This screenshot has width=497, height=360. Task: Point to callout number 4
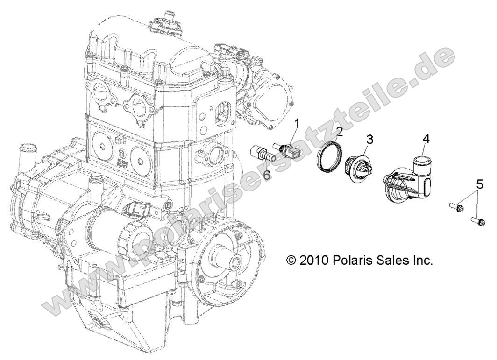coord(426,138)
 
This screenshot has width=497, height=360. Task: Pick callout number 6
coord(267,175)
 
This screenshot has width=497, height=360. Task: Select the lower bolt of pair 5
coord(476,219)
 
